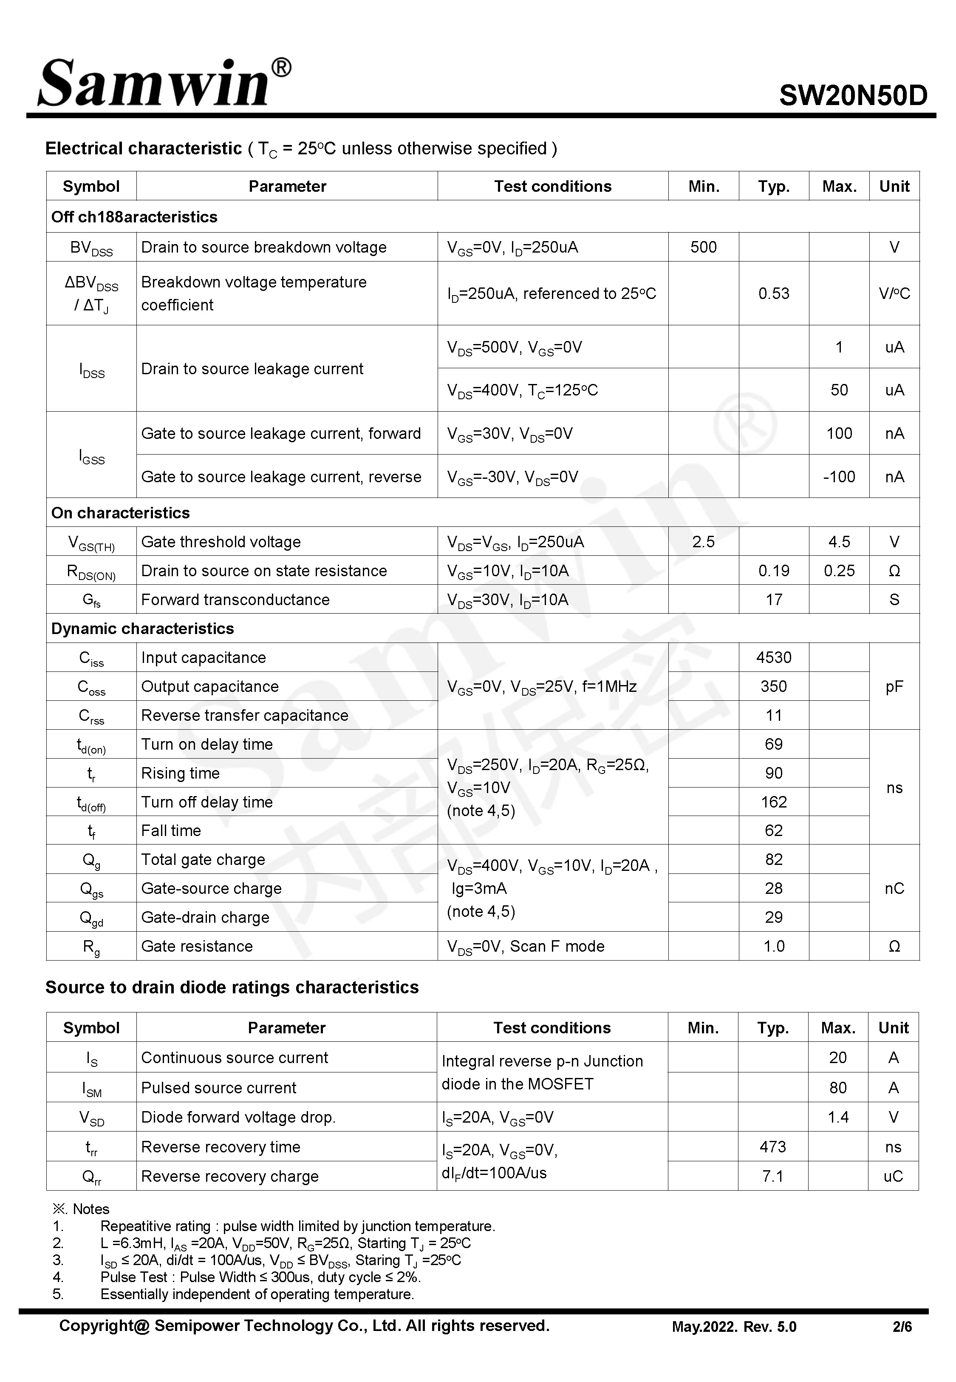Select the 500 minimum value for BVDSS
pos(703,247)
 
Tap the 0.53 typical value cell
pos(773,294)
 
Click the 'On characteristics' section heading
pos(120,513)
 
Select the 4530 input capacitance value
pos(773,657)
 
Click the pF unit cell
pos(894,687)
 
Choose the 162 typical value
pos(773,802)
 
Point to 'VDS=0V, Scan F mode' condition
pos(525,946)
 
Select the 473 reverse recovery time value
pos(772,1146)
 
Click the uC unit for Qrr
pos(893,1176)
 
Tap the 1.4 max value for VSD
pos(837,1117)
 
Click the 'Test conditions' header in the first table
pos(552,186)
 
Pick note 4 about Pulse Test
pos(260,1277)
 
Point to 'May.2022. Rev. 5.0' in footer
pos(734,1327)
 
